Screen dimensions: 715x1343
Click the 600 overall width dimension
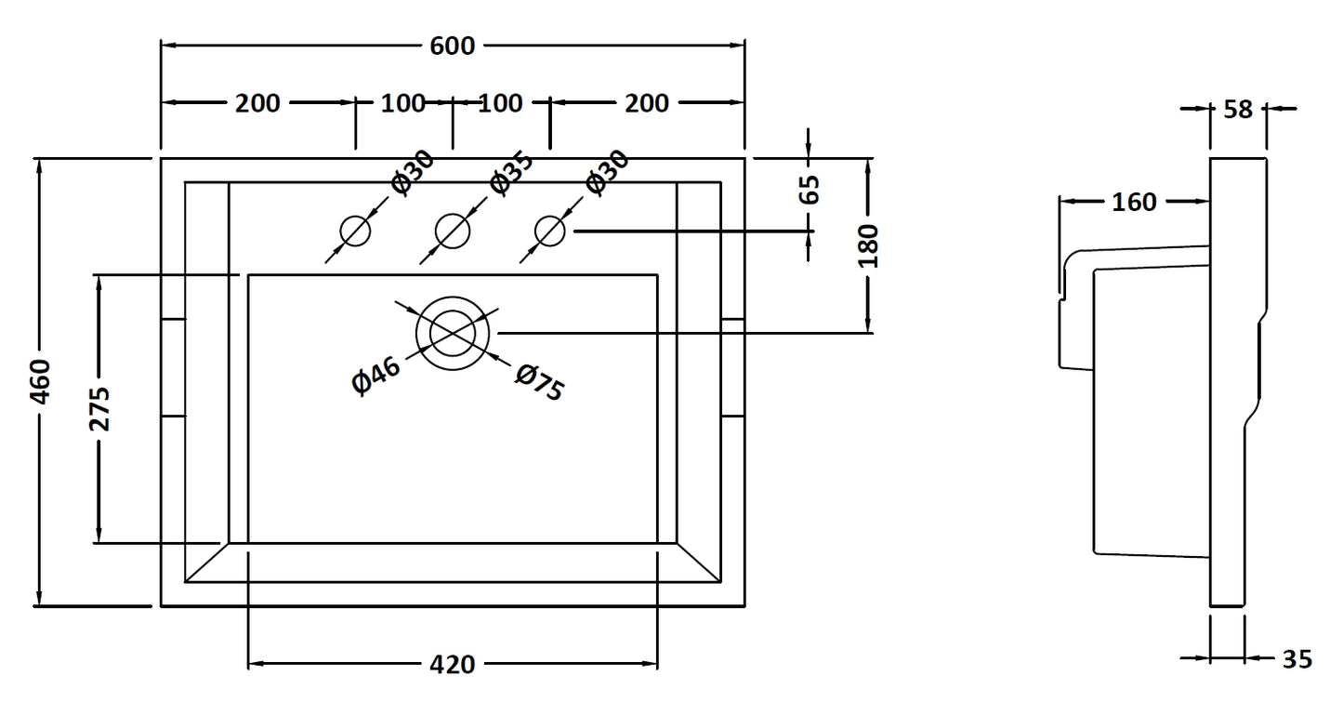(x=453, y=45)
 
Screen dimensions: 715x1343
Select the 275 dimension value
(x=99, y=408)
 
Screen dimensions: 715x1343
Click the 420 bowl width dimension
(x=453, y=664)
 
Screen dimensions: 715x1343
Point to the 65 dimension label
(x=810, y=190)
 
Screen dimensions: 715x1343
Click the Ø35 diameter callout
(x=511, y=172)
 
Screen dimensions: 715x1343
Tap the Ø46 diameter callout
(x=376, y=376)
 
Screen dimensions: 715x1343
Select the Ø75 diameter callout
(x=539, y=382)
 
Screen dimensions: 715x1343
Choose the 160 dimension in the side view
(x=1134, y=201)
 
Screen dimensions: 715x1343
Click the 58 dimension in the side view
(x=1238, y=109)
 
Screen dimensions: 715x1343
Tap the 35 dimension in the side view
(x=1297, y=659)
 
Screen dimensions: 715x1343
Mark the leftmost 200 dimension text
(x=257, y=102)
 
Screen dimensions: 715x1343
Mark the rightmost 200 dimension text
(x=647, y=102)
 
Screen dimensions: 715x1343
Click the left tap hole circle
(x=355, y=231)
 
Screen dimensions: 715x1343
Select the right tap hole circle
(x=550, y=231)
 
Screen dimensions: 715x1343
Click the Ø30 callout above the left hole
(x=413, y=172)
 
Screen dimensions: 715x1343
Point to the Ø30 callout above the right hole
(x=608, y=172)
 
